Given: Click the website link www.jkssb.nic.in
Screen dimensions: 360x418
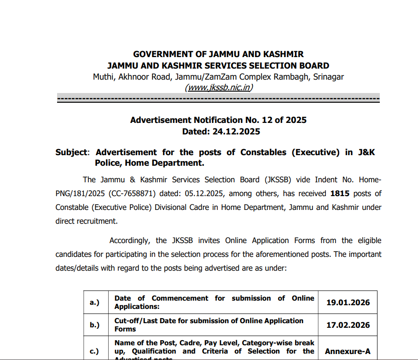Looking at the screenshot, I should (219, 87).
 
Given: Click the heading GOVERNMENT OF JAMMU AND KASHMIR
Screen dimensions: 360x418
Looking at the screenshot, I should (218, 54).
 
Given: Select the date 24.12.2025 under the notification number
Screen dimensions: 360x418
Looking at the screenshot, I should (236, 132).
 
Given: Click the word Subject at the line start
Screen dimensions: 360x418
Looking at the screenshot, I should (71, 152).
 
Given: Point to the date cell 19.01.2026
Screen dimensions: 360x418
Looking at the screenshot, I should (348, 302).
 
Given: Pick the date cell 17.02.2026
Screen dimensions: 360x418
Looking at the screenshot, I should (348, 325).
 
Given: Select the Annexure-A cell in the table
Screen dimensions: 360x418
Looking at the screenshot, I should (348, 351).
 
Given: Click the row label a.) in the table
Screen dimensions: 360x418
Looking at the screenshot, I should (94, 302).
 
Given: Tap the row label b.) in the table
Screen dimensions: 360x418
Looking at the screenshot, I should (94, 325).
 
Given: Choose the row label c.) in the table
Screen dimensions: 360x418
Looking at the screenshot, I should (94, 351).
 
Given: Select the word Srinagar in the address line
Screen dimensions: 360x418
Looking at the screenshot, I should (328, 77).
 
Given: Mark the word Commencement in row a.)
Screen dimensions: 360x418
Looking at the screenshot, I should (180, 298).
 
